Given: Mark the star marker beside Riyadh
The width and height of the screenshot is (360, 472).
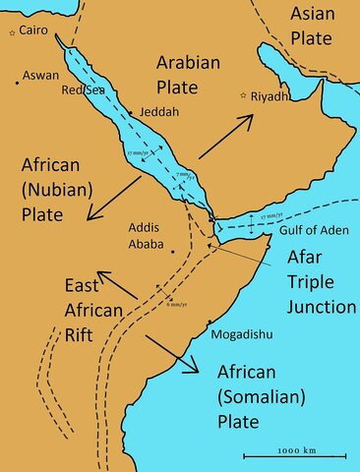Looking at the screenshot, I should click(x=243, y=95).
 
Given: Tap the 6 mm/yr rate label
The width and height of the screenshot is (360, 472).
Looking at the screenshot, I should click(x=177, y=305).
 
